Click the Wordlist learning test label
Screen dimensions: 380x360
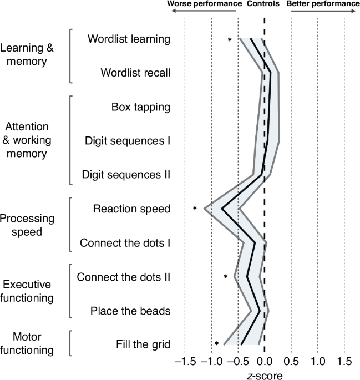(129, 39)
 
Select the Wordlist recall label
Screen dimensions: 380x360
(135, 73)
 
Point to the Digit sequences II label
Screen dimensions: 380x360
(125, 175)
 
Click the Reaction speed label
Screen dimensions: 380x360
(131, 209)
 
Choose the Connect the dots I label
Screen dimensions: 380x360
(125, 242)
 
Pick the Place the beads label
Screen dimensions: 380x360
(130, 311)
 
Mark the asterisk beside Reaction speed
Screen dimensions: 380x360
(195, 209)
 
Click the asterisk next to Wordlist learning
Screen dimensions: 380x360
(229, 40)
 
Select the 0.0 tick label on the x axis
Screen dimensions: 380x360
(265, 361)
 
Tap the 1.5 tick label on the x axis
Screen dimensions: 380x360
(344, 361)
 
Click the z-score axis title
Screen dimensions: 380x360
(264, 374)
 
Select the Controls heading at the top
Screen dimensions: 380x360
(264, 3)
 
